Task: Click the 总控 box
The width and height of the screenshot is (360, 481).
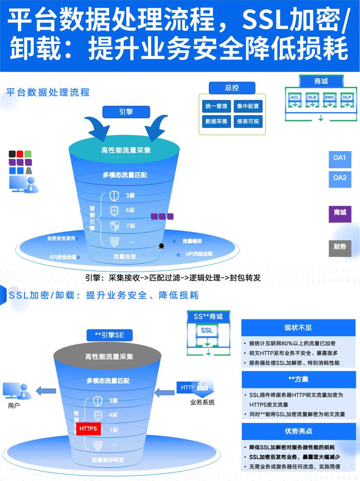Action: (232, 88)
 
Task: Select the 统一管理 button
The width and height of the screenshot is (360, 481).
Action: (216, 106)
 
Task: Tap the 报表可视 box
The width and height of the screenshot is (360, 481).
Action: (248, 121)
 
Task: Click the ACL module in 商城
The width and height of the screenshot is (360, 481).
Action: (295, 97)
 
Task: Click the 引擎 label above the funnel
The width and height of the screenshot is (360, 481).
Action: (126, 112)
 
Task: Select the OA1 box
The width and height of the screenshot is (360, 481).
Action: (340, 158)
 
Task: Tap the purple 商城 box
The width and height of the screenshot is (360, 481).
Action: (340, 212)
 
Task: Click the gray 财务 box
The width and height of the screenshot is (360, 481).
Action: (340, 247)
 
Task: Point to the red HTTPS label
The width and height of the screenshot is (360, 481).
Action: (88, 429)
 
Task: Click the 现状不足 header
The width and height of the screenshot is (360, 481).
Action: (298, 327)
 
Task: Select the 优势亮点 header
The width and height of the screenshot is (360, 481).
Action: (298, 431)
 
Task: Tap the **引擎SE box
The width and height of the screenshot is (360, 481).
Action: (109, 335)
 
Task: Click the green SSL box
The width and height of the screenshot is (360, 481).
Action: (207, 331)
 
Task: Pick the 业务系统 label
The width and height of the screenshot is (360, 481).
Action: (202, 402)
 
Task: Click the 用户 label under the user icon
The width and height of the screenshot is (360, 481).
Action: (14, 405)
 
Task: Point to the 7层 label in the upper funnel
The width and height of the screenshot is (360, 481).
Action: (130, 225)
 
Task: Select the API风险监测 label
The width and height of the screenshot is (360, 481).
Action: (199, 254)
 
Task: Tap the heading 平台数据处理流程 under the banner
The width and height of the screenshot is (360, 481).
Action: (48, 92)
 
